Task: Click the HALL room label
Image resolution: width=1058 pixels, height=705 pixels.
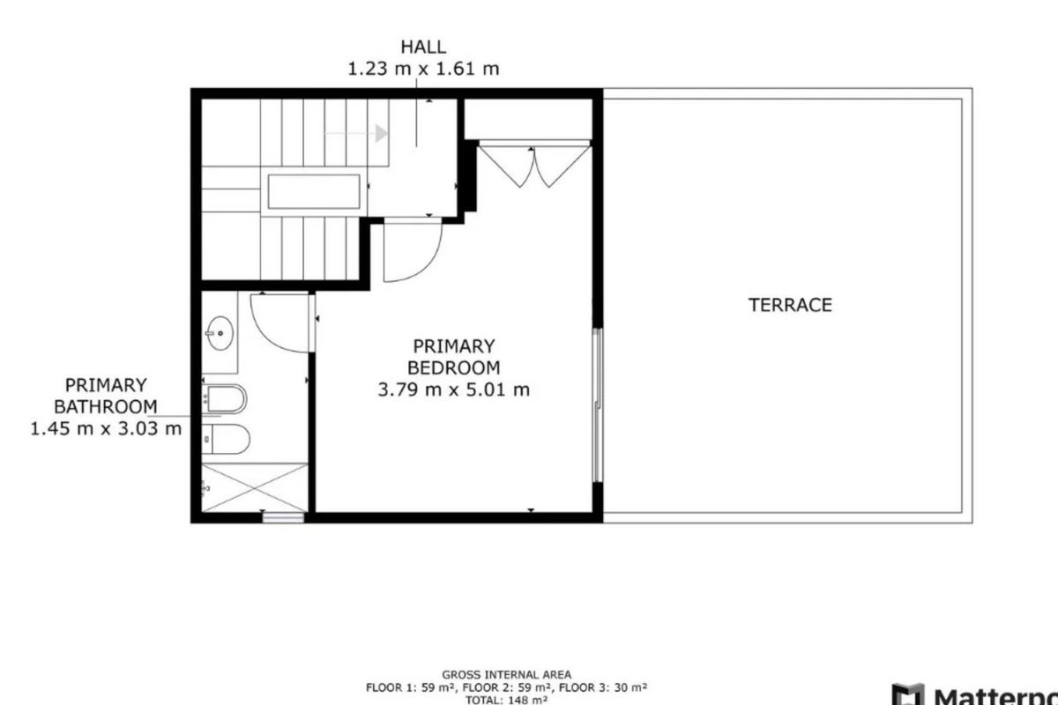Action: tap(423, 48)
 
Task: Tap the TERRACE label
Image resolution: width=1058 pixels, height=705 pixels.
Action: tap(790, 306)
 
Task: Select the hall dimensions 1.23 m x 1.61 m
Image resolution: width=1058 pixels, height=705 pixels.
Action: tap(423, 69)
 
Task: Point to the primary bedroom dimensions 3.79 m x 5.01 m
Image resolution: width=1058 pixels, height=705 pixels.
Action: tap(453, 390)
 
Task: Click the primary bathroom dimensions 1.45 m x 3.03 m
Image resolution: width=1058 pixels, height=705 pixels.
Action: tap(106, 429)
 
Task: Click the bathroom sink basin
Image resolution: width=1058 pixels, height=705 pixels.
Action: tap(220, 333)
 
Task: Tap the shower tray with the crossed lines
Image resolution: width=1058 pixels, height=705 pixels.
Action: tap(255, 487)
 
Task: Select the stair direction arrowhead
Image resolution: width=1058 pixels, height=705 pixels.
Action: tap(382, 134)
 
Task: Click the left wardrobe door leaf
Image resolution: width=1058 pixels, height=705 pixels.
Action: tap(505, 167)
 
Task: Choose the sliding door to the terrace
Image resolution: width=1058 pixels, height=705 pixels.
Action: tap(598, 405)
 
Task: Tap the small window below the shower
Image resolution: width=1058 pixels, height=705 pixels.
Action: tap(283, 518)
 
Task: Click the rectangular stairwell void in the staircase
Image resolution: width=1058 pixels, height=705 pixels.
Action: tap(314, 191)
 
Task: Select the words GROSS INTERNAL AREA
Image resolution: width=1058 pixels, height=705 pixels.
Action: tap(506, 675)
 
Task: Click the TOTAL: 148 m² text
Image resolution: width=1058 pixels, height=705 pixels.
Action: tap(506, 700)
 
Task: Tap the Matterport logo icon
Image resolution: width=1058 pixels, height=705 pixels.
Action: tap(908, 695)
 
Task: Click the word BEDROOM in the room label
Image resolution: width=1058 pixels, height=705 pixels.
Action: tap(453, 367)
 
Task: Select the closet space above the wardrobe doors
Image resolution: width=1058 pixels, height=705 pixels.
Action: tap(528, 118)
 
